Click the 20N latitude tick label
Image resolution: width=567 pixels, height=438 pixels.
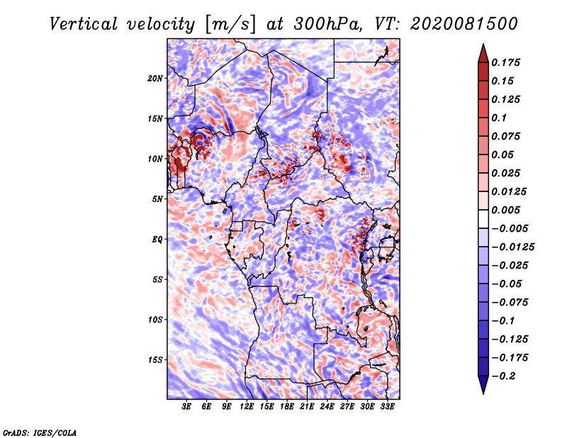click(155, 79)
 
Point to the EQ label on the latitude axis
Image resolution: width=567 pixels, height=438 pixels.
click(157, 240)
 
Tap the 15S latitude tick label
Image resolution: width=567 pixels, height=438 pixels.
click(155, 360)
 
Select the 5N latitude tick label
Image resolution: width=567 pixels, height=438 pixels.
click(157, 199)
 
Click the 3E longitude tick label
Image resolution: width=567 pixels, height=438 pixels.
click(186, 407)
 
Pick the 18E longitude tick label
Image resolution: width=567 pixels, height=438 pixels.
click(287, 407)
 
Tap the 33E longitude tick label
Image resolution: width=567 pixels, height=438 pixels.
click(387, 407)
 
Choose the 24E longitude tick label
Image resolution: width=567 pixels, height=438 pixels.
click(327, 407)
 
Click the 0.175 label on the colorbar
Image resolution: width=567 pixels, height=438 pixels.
click(505, 63)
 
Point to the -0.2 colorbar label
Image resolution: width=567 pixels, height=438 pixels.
click(503, 376)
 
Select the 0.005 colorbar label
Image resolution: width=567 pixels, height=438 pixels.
click(505, 210)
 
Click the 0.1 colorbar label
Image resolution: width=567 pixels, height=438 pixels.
click(499, 118)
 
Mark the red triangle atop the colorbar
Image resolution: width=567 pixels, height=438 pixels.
click(483, 53)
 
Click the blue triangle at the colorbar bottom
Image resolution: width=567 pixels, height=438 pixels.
click(483, 385)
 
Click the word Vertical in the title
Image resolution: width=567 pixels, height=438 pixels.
click(84, 24)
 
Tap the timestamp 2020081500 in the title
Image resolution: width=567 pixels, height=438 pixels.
click(464, 24)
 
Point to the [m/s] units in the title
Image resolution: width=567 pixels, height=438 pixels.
click(230, 24)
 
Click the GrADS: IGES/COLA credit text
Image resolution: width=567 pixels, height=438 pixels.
click(40, 432)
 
